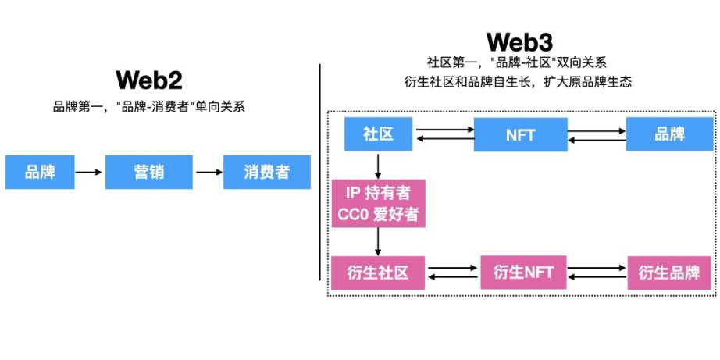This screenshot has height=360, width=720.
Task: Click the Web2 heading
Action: point(148,80)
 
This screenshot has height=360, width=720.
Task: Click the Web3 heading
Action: point(519,41)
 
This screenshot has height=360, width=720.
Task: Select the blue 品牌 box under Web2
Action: point(40,172)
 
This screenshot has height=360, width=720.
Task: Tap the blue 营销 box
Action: point(148,172)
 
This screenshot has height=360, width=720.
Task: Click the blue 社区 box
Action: point(378,134)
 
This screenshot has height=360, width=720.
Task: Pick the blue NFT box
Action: point(520,134)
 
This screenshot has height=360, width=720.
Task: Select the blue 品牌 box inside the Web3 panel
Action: point(670,134)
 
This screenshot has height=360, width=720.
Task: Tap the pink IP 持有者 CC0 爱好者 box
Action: point(378,203)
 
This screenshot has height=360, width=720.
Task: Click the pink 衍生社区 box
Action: point(378,273)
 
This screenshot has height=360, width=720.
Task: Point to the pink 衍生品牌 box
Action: point(670,273)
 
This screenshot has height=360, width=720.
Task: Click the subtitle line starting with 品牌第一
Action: point(148,107)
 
